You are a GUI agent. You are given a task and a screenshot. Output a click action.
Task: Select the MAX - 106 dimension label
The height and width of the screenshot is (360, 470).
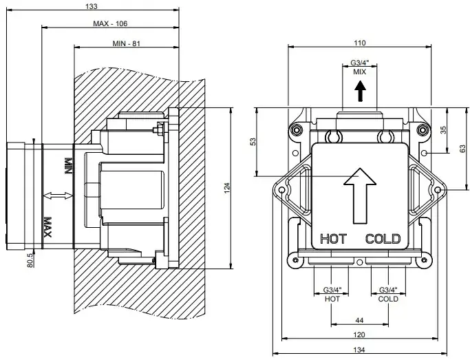111,24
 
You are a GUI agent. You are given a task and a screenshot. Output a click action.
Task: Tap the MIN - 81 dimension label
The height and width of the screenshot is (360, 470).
126,43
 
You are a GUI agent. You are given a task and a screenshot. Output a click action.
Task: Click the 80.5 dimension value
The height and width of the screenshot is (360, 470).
30,260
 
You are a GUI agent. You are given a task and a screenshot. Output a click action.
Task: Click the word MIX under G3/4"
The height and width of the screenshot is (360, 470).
359,72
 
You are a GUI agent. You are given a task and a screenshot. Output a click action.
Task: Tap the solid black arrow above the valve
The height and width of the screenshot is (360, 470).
359,90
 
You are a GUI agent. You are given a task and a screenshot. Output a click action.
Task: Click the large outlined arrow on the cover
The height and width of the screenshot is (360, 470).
360,195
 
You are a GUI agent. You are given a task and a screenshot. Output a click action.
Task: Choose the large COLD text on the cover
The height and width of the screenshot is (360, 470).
383,240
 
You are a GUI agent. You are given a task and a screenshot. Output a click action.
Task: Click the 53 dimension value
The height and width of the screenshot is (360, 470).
253,141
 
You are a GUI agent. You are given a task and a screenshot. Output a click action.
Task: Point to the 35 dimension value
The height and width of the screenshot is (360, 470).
443,129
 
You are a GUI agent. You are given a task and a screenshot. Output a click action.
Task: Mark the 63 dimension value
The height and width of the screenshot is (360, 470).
462,148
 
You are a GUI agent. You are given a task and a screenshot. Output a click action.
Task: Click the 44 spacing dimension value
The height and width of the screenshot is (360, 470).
360,320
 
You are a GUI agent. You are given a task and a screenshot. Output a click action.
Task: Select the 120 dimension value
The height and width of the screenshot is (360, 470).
360,335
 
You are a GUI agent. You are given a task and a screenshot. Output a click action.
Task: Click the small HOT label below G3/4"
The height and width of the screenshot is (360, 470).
332,299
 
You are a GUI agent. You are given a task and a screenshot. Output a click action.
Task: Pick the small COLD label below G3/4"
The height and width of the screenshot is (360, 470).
387,299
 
